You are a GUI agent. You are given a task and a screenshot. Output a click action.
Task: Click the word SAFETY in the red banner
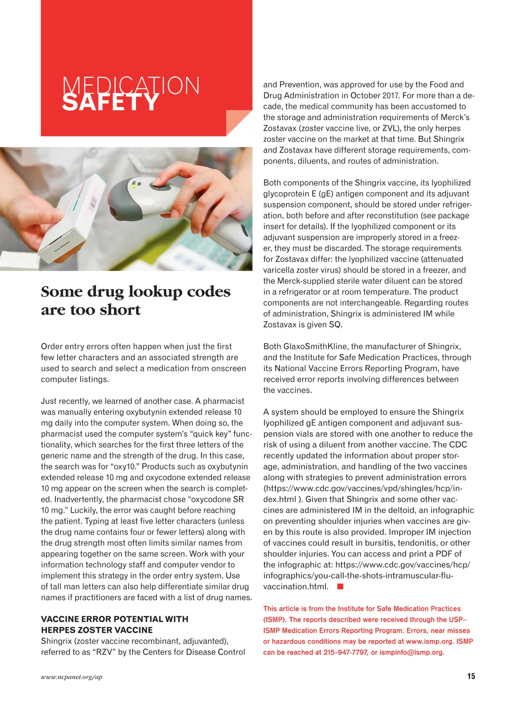point(110,102)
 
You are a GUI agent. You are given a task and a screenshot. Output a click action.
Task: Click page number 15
point(471,676)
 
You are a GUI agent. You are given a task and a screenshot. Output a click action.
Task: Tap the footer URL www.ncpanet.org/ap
point(71,677)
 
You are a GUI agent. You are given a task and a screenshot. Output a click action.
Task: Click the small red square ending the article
point(340,587)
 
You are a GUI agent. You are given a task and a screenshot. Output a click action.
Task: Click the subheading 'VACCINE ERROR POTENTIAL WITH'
point(114,619)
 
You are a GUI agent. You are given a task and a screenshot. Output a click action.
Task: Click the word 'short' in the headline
point(120,309)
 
